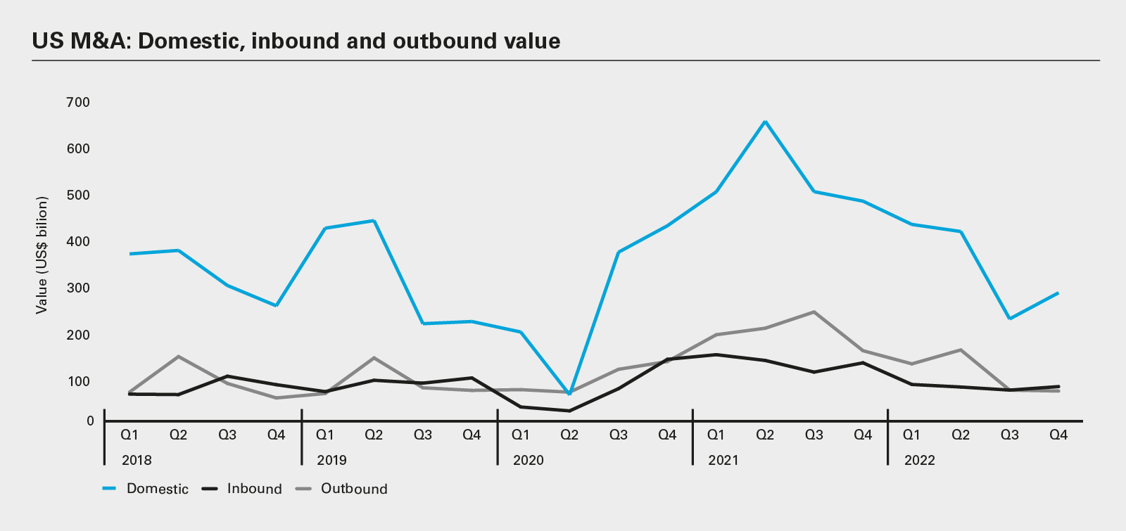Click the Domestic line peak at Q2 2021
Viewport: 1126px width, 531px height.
[x=765, y=122]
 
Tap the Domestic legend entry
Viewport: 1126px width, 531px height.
[x=157, y=489]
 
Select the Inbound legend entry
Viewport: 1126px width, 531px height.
[x=254, y=489]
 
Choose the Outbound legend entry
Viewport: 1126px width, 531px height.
[x=354, y=489]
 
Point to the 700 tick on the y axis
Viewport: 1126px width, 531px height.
[x=78, y=102]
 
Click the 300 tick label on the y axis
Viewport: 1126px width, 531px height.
[x=78, y=288]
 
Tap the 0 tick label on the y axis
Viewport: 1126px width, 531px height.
[x=90, y=421]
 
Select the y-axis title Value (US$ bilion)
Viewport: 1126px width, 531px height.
[x=42, y=255]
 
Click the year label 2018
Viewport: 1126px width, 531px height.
[x=137, y=460]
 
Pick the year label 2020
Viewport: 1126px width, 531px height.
[x=528, y=460]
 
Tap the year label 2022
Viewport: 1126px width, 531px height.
[x=920, y=460]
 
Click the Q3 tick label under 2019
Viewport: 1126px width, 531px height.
[x=422, y=435]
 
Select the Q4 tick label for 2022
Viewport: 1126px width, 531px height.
[x=1058, y=435]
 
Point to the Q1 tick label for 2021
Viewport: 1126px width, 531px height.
[x=716, y=435]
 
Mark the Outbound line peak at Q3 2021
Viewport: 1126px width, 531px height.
[x=814, y=312]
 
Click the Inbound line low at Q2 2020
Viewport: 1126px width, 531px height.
[x=569, y=411]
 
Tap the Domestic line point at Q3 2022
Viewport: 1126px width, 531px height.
[x=1010, y=319]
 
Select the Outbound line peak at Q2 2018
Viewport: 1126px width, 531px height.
[x=178, y=357]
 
